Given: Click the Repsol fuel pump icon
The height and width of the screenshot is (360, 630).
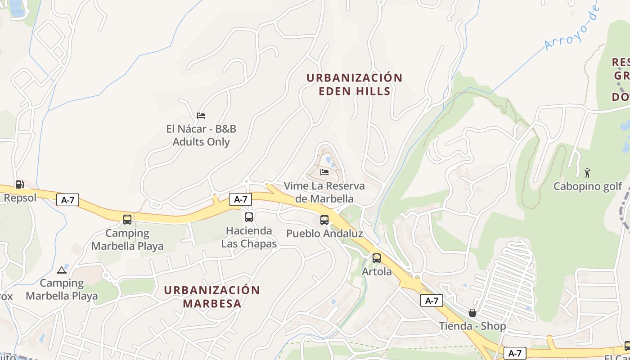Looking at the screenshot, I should [x=19, y=184].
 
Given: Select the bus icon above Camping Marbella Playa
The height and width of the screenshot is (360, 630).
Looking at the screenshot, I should [x=127, y=220].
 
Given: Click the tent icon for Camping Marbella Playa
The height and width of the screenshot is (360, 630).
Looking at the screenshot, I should [x=62, y=270].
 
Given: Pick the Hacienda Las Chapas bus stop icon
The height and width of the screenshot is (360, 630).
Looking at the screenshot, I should [x=249, y=217].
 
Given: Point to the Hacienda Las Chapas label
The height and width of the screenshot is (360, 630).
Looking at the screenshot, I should [x=249, y=237].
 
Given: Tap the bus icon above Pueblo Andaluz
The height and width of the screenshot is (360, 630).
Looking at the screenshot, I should [x=324, y=220].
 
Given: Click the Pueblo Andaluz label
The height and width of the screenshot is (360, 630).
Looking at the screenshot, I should [x=324, y=234].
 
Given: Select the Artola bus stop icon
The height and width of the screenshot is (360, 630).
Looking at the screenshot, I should [x=377, y=258].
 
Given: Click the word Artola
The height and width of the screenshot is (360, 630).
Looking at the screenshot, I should [x=377, y=272].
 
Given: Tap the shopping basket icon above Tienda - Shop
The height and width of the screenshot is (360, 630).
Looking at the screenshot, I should [x=472, y=312].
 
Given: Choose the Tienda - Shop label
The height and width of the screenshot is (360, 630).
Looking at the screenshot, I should [x=472, y=326].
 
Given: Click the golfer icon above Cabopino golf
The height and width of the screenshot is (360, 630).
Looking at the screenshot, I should [x=587, y=172].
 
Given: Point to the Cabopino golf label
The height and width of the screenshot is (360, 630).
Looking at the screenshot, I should [x=588, y=186].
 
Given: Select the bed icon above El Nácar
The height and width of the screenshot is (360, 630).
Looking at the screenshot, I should [x=201, y=116].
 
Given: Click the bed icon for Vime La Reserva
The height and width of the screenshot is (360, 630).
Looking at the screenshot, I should [x=324, y=172].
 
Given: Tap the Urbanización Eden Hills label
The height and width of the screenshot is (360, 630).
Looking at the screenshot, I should [x=354, y=84].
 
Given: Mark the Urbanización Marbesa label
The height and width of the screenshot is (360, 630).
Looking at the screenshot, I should [x=212, y=297].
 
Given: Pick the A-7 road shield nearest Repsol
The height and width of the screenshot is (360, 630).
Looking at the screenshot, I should [x=67, y=200].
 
